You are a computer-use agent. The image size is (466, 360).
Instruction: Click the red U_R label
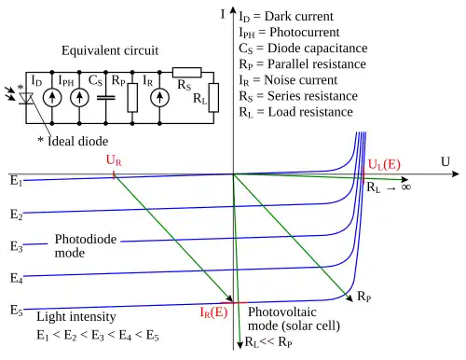point(114,160)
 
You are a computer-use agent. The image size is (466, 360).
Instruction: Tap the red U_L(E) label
point(384,164)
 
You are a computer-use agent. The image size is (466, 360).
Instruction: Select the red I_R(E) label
point(213,312)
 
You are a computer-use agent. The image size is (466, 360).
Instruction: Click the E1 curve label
point(16,181)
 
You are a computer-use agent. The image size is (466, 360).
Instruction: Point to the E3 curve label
point(16,246)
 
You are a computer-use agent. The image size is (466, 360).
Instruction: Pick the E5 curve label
point(16,311)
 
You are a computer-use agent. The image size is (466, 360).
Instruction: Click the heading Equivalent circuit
point(110,50)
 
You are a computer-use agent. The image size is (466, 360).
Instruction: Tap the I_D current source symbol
point(52,98)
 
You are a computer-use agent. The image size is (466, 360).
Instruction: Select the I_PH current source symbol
point(79,98)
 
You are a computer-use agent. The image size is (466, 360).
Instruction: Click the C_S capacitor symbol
point(106,98)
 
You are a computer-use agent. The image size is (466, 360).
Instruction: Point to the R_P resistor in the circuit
point(132,98)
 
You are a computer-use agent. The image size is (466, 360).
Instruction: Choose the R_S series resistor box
point(187,73)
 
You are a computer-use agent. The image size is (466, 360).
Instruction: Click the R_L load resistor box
point(213,98)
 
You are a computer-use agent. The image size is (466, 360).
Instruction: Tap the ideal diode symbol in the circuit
point(26,98)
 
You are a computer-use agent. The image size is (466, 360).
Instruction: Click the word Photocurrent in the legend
point(305,32)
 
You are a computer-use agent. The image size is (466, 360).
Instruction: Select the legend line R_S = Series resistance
point(298,96)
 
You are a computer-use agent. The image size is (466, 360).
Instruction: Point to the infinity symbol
point(406,187)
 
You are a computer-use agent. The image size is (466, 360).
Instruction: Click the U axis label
point(445,161)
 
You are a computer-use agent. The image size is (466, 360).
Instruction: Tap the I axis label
point(223,14)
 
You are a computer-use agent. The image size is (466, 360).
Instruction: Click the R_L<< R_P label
point(268,342)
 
